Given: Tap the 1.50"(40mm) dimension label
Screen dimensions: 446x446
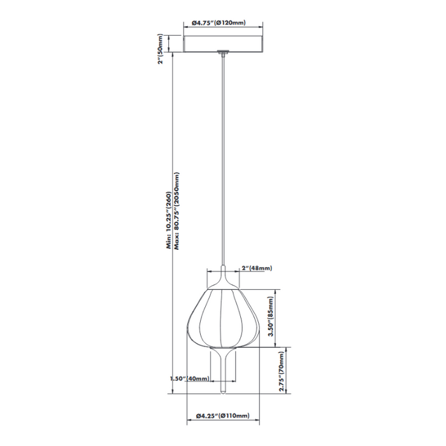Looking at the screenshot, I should [x=190, y=379].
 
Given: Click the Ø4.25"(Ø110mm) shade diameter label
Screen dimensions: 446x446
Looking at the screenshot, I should [x=220, y=417].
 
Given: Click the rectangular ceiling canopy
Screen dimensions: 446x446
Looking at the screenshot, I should [x=223, y=43].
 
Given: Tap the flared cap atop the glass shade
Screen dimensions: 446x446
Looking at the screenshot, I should [x=222, y=281].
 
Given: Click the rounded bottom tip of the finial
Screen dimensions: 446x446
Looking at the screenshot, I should [x=223, y=394].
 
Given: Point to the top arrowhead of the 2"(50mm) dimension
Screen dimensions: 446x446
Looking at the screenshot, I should [x=169, y=35].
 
